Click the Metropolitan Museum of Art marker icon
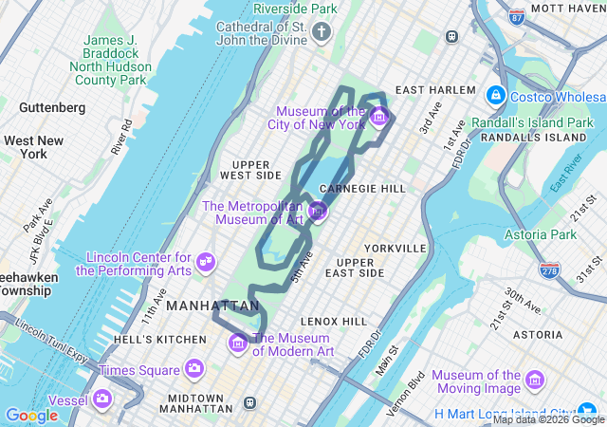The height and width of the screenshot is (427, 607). [318, 210]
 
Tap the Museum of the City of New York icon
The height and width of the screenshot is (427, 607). [379, 117]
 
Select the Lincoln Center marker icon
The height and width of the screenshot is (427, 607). [205, 261]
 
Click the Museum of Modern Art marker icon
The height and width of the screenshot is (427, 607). [238, 342]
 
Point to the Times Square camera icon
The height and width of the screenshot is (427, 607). [194, 368]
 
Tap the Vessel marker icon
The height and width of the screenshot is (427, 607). [102, 398]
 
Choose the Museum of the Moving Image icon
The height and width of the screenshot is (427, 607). [535, 380]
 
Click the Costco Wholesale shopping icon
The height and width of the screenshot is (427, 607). [495, 96]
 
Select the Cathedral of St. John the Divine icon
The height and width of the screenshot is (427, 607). [322, 34]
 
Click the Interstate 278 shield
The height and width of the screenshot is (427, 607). [548, 270]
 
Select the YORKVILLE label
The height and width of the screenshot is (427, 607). [395, 248]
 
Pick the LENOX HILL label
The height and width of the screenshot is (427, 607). [333, 322]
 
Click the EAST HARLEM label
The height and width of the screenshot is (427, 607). [435, 89]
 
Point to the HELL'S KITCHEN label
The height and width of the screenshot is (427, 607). [159, 339]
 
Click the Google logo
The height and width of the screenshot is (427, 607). [31, 415]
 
